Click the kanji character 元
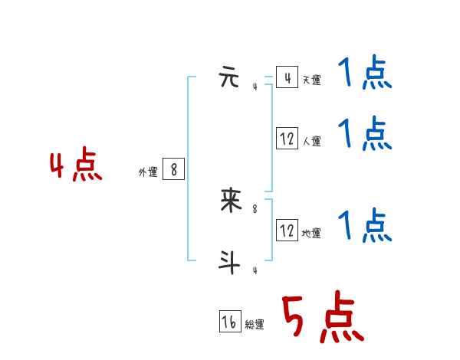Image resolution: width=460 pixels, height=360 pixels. [x=230, y=78]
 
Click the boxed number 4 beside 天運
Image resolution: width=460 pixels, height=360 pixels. [x=287, y=78]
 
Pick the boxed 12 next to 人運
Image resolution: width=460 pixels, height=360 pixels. [x=287, y=139]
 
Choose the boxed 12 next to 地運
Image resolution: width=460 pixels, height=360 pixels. [x=287, y=231]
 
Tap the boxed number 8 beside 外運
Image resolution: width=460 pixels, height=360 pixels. [x=174, y=169]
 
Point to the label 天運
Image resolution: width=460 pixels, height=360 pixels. [x=311, y=80]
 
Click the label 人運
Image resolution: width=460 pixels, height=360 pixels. [x=311, y=142]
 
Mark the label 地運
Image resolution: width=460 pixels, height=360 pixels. [x=311, y=233]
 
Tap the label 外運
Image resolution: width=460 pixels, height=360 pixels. [x=148, y=172]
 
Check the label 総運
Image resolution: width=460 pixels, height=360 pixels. [x=255, y=325]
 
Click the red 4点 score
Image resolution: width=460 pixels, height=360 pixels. [x=75, y=167]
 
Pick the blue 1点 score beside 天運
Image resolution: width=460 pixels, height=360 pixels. [x=365, y=74]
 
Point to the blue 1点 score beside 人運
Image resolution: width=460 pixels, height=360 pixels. [x=365, y=134]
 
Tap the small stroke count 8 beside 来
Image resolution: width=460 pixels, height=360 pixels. [x=255, y=208]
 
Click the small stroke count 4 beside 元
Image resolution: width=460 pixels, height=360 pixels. [x=255, y=87]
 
